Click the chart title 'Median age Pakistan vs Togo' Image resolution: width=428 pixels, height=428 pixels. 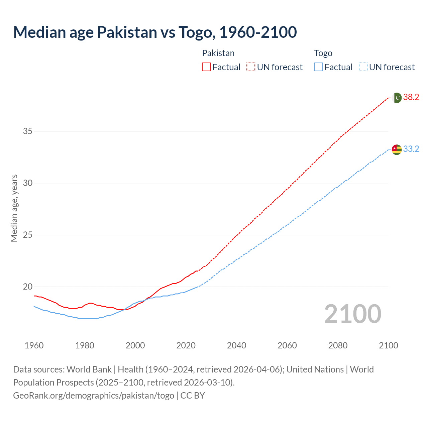[155, 32]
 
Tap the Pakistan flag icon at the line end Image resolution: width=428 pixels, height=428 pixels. [397, 98]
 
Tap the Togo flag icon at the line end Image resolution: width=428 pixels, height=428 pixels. [397, 149]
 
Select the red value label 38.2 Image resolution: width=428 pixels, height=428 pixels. [411, 97]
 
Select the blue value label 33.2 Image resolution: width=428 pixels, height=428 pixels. [411, 149]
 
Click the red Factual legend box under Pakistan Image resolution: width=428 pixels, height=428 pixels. [206, 67]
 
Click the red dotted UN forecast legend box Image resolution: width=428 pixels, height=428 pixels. [251, 67]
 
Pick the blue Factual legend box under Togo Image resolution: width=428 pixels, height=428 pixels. [319, 67]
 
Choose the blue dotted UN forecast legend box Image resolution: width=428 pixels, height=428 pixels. [363, 67]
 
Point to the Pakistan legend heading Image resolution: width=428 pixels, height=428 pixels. [218, 53]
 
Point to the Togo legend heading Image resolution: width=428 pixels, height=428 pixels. [323, 53]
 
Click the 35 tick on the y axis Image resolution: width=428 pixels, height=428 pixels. [28, 131]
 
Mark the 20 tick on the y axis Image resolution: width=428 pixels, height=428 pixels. [28, 287]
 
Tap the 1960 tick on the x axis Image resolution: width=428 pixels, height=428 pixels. [34, 345]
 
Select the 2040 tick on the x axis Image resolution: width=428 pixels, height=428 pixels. [236, 345]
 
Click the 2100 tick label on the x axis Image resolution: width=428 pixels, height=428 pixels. [388, 345]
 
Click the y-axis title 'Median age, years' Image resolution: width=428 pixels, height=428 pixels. [14, 208]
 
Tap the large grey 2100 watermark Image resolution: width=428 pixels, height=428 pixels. [352, 314]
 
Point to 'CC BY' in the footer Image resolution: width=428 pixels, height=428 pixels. [193, 396]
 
